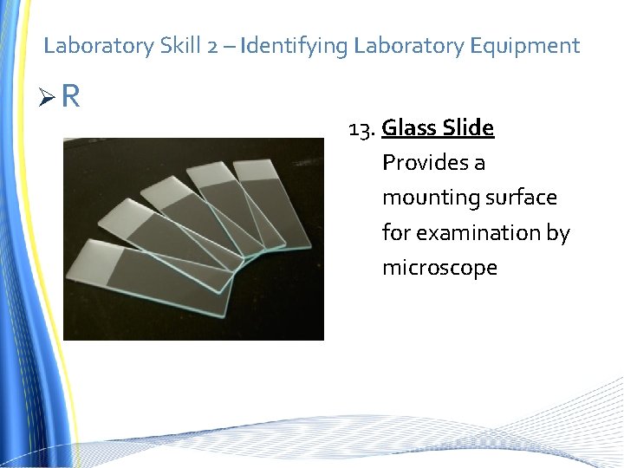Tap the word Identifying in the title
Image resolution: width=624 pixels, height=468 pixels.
295,45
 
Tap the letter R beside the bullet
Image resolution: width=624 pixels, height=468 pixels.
71,97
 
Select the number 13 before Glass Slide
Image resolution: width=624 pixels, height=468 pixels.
360,129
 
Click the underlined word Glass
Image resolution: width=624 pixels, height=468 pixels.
407,128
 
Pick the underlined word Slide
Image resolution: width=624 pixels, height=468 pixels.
468,128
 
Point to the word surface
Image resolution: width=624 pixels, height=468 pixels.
521,198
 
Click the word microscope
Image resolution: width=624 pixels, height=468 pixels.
439,268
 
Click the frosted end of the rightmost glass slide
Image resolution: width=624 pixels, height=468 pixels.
257,172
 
